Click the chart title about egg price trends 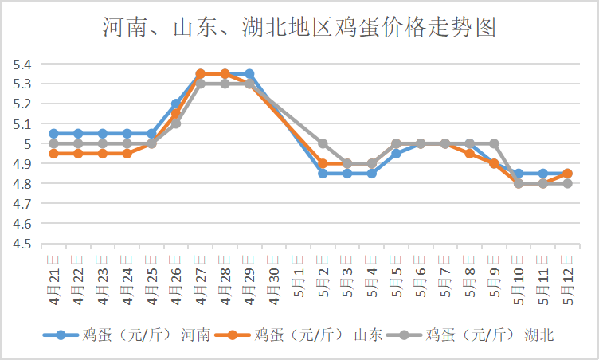[299, 29]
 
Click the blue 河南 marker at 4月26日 [176, 104]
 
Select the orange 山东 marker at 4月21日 [54, 153]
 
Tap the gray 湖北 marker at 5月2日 [323, 143]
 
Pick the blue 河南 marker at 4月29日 [249, 74]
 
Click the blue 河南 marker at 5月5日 [396, 153]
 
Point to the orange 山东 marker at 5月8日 [469, 153]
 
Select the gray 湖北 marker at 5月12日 [567, 183]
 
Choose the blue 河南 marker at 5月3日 [347, 173]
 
